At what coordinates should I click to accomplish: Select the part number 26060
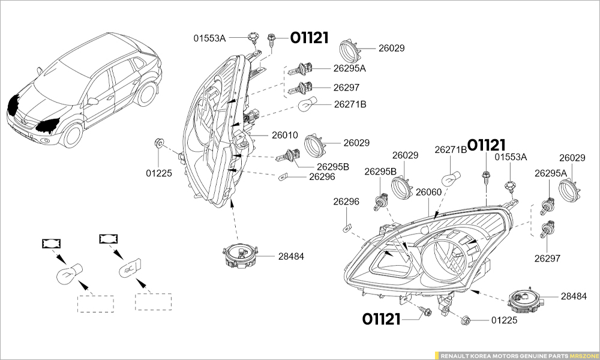[x=428, y=192]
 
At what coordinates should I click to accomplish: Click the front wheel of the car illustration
[x=73, y=135]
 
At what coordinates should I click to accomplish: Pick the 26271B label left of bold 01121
[x=451, y=149]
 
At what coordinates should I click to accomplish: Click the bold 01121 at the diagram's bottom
[x=382, y=319]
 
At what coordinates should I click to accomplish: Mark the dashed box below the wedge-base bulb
[x=154, y=302]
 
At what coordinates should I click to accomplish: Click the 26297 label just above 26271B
[x=346, y=87]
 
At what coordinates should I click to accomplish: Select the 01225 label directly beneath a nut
[x=158, y=173]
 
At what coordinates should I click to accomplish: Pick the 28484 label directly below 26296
[x=291, y=256]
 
